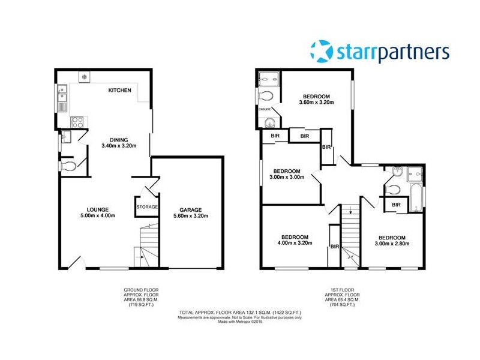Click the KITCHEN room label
119,90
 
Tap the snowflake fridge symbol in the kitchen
85,77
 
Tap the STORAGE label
146,207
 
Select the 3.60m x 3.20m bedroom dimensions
316,102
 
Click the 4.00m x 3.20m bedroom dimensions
295,242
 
